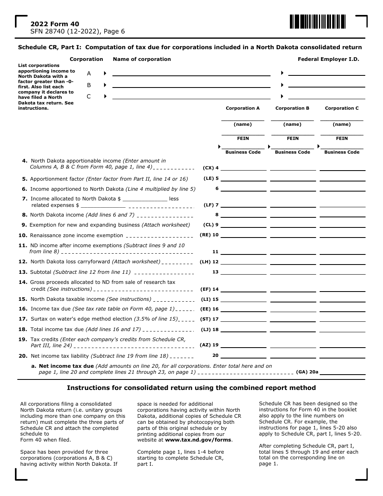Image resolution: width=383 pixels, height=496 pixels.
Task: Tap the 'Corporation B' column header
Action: [292, 108]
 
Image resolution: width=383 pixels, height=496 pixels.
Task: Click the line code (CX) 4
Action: [210, 168]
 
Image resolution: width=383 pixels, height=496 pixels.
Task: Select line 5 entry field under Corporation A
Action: [243, 178]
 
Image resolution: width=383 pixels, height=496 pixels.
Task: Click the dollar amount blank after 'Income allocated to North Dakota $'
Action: [144, 198]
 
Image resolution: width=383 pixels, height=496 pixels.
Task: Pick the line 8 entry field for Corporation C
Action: [342, 215]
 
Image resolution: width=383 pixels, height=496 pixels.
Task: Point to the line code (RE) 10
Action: [209, 235]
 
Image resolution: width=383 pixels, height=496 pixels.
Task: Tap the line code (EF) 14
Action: [209, 289]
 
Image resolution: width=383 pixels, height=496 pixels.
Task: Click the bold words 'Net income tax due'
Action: [66, 366]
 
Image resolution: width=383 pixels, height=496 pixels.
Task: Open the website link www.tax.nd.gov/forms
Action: [198, 440]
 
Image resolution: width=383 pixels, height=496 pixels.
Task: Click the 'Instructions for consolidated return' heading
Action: [191, 388]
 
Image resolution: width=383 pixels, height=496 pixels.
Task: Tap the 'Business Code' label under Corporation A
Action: [243, 152]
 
